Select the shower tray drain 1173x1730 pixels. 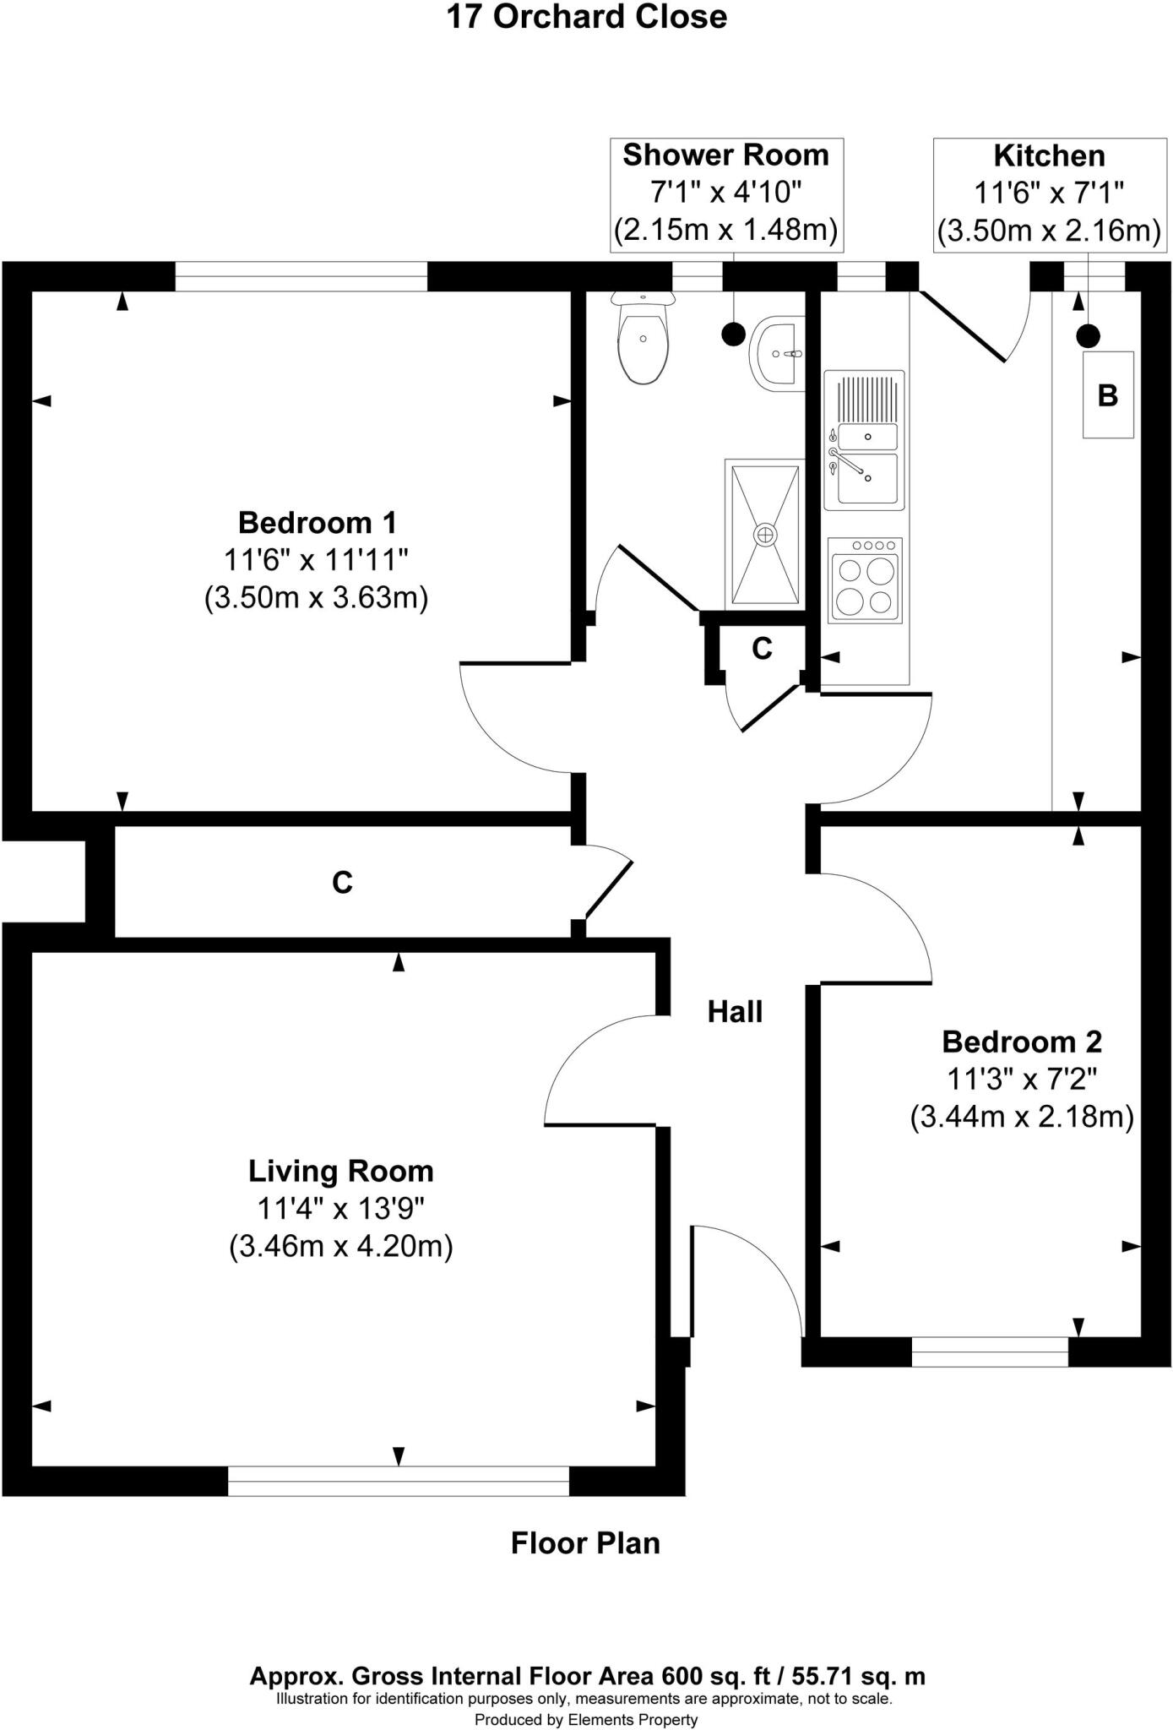tap(764, 534)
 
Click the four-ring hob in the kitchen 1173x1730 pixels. tap(865, 580)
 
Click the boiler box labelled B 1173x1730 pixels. tap(1108, 394)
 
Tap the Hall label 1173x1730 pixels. tap(735, 1011)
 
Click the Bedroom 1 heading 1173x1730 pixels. tap(317, 522)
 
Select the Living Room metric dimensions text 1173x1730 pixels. tap(341, 1247)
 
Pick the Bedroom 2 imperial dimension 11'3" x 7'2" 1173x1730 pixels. tap(1022, 1079)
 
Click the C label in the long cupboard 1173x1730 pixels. tap(342, 883)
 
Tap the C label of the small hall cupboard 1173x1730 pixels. tap(762, 649)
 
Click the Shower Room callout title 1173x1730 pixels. tap(725, 155)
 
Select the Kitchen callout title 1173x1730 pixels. tap(1049, 156)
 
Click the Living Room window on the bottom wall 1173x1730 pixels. tap(399, 1481)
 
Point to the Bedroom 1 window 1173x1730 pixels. tap(301, 276)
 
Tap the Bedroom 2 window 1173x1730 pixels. tap(990, 1352)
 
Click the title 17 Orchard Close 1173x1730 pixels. tap(586, 17)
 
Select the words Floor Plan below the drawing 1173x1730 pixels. tap(585, 1543)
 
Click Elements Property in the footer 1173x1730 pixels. tap(633, 1719)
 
